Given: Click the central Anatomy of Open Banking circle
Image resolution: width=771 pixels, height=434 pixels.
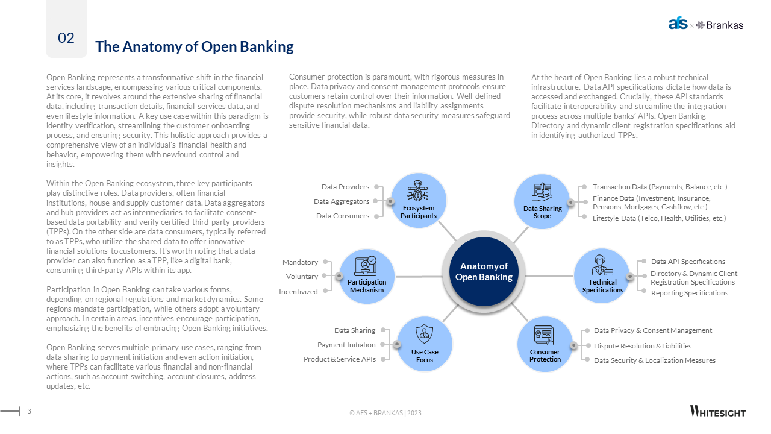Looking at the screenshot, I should pyautogui.click(x=484, y=272).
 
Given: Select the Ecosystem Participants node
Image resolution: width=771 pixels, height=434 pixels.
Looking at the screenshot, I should pyautogui.click(x=419, y=201).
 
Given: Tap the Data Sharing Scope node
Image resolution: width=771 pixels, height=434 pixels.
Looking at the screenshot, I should pyautogui.click(x=542, y=201).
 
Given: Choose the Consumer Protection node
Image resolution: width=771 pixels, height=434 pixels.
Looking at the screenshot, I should pyautogui.click(x=545, y=344).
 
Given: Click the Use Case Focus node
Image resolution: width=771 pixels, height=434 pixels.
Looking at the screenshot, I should pyautogui.click(x=425, y=344).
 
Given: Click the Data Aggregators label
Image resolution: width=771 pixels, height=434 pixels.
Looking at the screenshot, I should pyautogui.click(x=342, y=201).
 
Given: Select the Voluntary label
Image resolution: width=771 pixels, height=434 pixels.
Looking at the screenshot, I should pyautogui.click(x=302, y=277).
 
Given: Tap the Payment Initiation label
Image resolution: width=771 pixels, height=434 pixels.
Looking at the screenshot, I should pyautogui.click(x=346, y=345).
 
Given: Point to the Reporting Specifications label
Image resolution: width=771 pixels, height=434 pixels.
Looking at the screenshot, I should pyautogui.click(x=689, y=293).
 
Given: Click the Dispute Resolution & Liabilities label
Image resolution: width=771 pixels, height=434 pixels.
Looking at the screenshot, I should pyautogui.click(x=642, y=346).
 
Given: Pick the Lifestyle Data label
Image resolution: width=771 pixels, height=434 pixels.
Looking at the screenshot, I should pyautogui.click(x=659, y=218).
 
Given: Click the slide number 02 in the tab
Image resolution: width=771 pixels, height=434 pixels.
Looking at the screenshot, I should pyautogui.click(x=66, y=38).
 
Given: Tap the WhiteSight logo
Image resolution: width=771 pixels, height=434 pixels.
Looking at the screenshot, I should pyautogui.click(x=717, y=412).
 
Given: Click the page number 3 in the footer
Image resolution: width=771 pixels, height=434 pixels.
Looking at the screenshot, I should pyautogui.click(x=30, y=412).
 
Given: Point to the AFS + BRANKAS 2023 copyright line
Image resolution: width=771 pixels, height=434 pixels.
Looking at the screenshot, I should pyautogui.click(x=385, y=413).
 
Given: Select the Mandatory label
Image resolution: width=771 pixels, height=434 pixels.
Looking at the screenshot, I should pyautogui.click(x=300, y=262).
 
